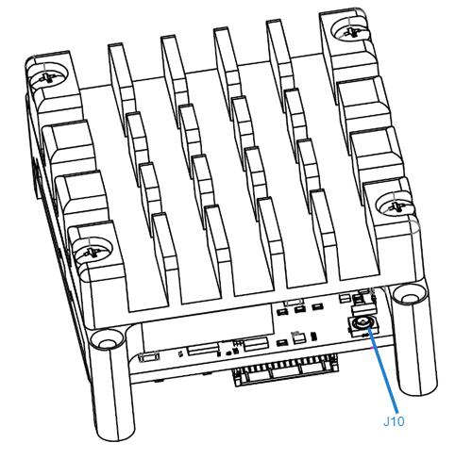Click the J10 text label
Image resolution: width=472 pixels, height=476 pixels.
click(x=394, y=421)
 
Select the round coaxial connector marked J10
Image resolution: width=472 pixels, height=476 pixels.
click(x=362, y=326)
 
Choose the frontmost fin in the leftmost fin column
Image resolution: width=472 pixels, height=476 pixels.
click(x=165, y=254)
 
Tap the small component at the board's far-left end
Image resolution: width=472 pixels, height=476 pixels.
click(x=148, y=358)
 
